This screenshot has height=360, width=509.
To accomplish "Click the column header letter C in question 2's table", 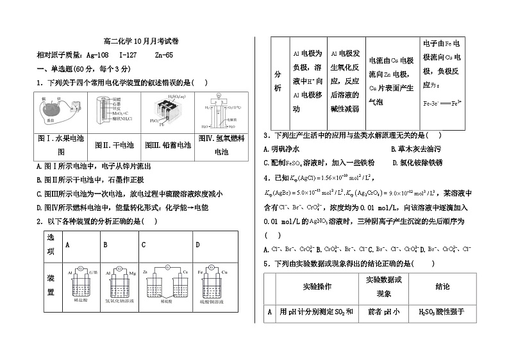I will coord(144,245).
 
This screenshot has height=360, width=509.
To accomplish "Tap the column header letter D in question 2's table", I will coord(197,245).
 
